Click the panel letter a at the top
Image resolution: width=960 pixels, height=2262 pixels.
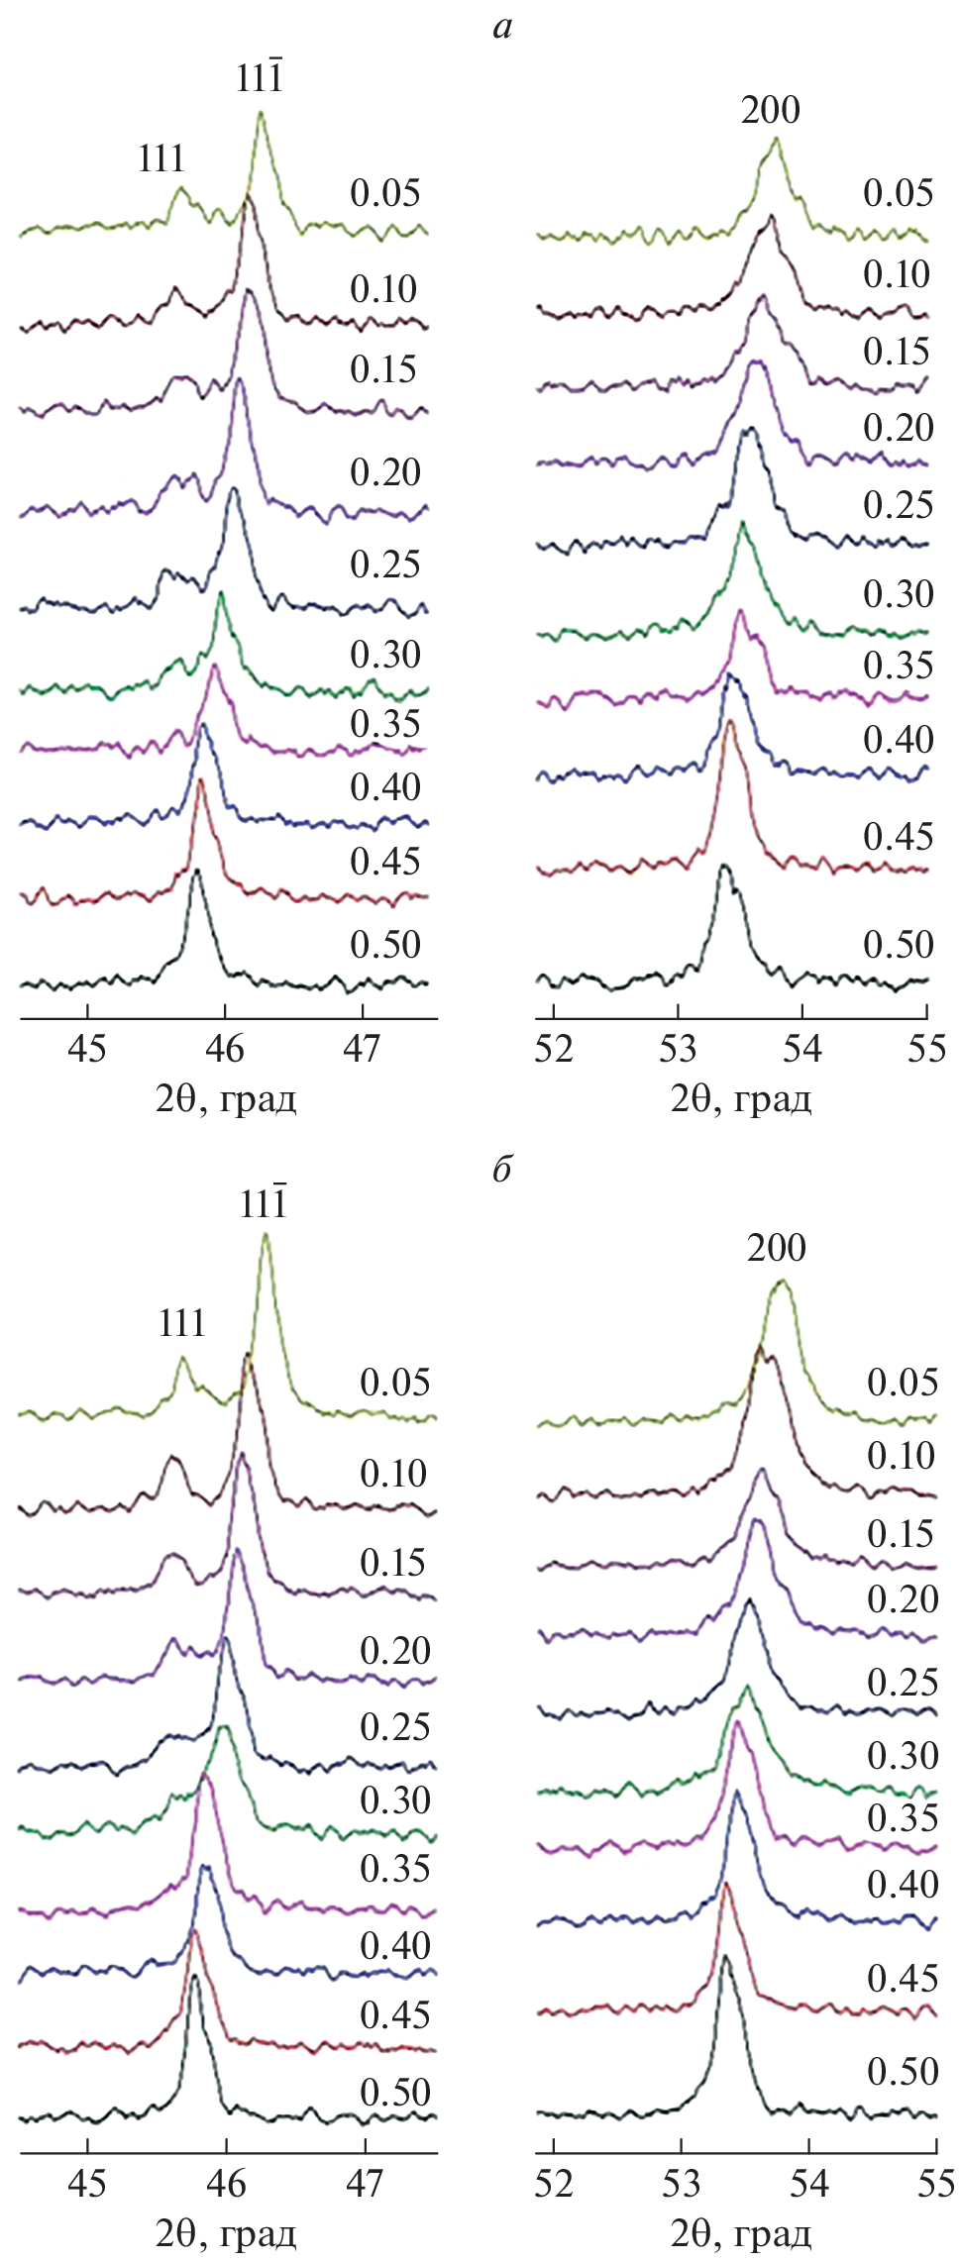(502, 28)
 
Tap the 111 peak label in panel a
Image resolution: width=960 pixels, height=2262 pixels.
(161, 158)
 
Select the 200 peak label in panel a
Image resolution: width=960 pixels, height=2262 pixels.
(771, 110)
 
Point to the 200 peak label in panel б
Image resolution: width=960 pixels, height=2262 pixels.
(777, 1248)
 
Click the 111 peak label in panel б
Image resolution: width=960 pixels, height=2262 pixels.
(181, 1323)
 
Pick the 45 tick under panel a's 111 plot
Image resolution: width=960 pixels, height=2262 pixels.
(88, 1049)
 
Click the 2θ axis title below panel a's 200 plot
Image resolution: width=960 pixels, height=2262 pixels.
(741, 1099)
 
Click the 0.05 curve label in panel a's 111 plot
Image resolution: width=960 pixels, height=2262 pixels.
(385, 193)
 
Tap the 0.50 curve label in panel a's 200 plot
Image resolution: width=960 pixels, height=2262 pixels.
(899, 944)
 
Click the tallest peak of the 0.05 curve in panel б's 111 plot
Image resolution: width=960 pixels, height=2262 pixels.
(265, 1235)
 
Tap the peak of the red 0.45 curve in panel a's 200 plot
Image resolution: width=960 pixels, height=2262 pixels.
(731, 722)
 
